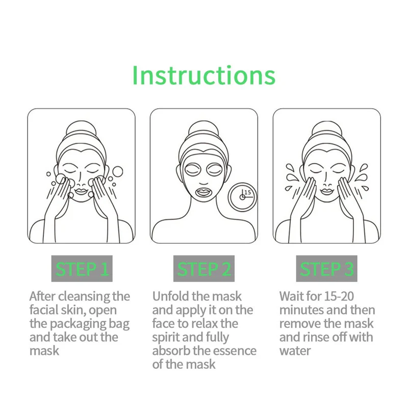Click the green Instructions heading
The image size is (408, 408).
click(203, 75)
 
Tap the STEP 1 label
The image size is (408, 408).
click(82, 269)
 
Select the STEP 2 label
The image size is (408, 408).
click(204, 269)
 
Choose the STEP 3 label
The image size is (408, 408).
click(326, 269)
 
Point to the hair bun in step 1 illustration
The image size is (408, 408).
click(81, 129)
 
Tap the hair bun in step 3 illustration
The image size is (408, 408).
click(326, 129)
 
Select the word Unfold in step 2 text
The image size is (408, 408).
click(171, 296)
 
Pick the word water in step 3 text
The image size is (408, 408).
click(295, 351)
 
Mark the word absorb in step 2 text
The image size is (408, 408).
click(170, 351)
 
